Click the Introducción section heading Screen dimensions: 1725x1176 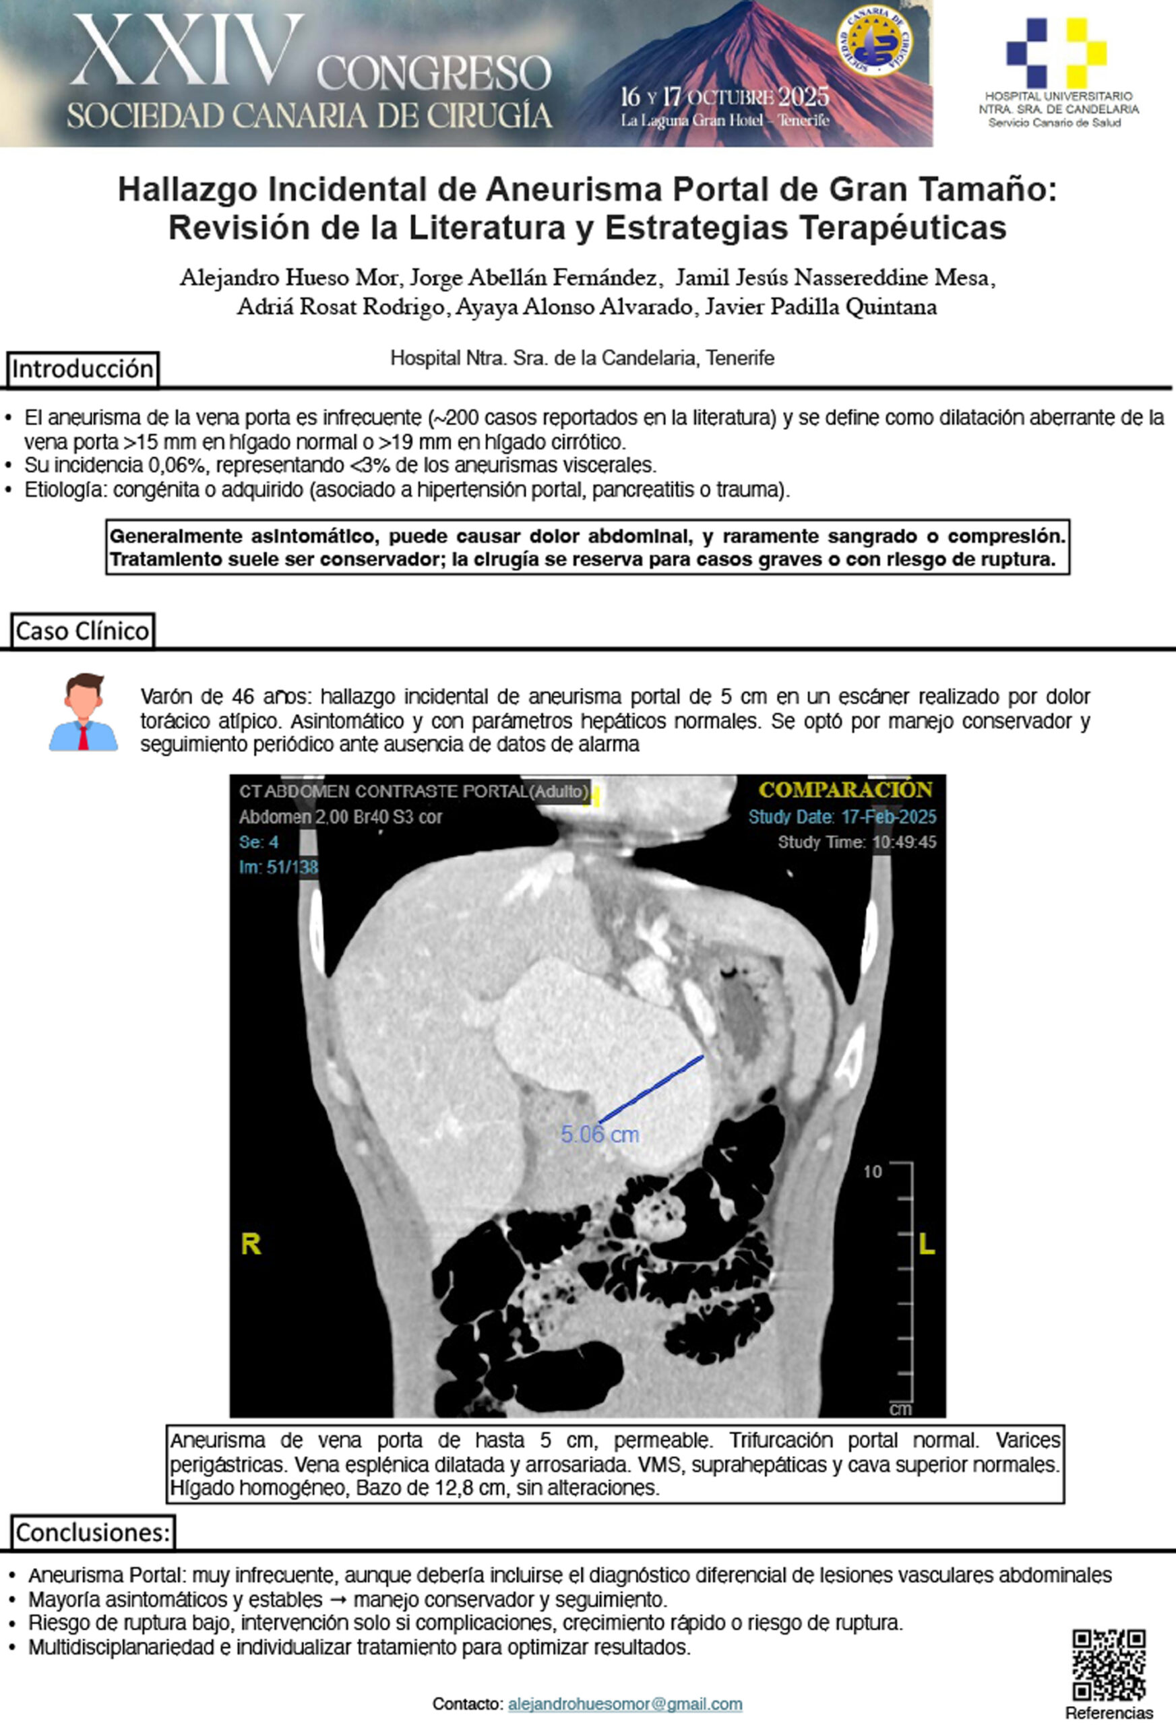point(82,369)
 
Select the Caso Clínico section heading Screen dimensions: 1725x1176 point(82,631)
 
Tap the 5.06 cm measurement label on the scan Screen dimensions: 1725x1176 point(600,1134)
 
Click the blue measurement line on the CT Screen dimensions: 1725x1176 point(651,1088)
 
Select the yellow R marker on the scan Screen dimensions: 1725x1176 point(251,1244)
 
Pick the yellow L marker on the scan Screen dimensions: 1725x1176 point(927,1244)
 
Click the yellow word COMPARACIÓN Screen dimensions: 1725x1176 point(845,790)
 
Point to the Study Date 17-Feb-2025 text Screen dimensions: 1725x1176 point(842,817)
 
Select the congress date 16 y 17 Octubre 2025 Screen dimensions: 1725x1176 point(724,96)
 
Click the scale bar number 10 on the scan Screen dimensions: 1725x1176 point(872,1172)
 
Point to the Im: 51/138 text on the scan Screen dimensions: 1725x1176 point(278,867)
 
